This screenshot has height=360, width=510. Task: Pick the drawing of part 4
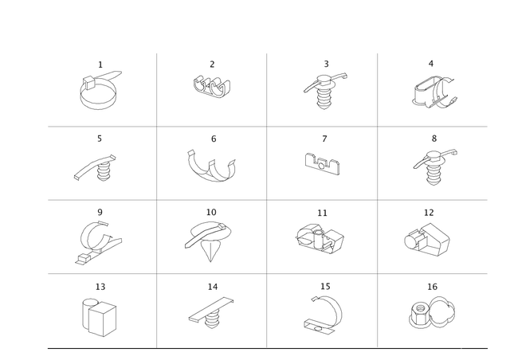click(x=433, y=92)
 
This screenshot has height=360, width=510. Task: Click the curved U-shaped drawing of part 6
click(x=212, y=165)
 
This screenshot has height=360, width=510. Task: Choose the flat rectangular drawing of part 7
click(x=323, y=164)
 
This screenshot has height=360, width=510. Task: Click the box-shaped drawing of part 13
click(x=100, y=314)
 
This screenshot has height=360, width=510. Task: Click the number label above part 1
click(x=100, y=62)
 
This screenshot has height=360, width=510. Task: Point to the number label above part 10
click(x=212, y=212)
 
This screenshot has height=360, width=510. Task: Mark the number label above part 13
click(x=100, y=284)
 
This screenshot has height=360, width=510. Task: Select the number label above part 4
click(x=431, y=62)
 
